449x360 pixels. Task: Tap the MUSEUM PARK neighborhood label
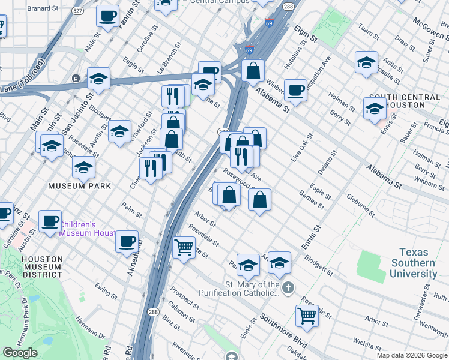(x=80, y=186)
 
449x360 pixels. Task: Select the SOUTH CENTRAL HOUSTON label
(x=405, y=102)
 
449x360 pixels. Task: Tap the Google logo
(x=20, y=353)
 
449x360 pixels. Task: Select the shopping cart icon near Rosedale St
(x=184, y=247)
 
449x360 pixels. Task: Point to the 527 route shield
(x=78, y=11)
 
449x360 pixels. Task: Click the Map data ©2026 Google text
(x=412, y=355)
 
